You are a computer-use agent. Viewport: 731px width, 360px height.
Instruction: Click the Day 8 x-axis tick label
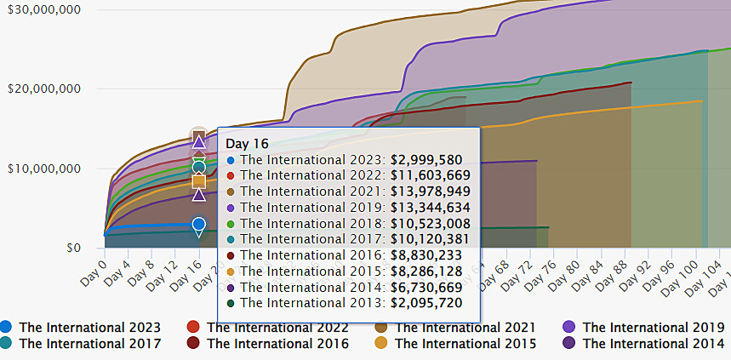(x=141, y=266)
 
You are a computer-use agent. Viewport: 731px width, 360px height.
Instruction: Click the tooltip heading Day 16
(x=248, y=144)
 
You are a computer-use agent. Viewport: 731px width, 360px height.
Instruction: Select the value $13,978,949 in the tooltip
(x=430, y=191)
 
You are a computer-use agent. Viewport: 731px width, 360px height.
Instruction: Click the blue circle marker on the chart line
(x=198, y=225)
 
